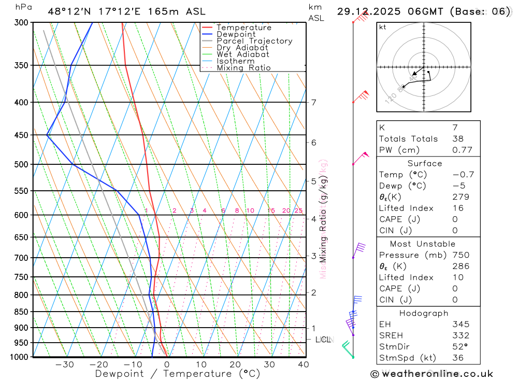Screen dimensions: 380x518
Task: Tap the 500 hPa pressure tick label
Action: coord(21,164)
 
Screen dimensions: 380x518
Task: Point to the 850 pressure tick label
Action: coord(21,312)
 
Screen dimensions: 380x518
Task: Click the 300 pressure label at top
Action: coord(21,23)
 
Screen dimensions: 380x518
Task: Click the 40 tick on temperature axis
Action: coord(304,364)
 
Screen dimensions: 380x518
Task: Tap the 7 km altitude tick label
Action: coord(313,102)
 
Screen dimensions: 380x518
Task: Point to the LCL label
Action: coord(323,340)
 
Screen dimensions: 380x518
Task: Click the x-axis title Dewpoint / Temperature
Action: coord(178,373)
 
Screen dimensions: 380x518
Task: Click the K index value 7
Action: coord(455,128)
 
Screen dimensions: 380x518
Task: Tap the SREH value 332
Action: coord(461,335)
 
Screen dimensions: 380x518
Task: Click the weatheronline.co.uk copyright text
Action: coord(431,373)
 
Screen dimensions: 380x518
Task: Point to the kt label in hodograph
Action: coord(383,27)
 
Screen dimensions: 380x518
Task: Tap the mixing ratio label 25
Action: coord(298,210)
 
